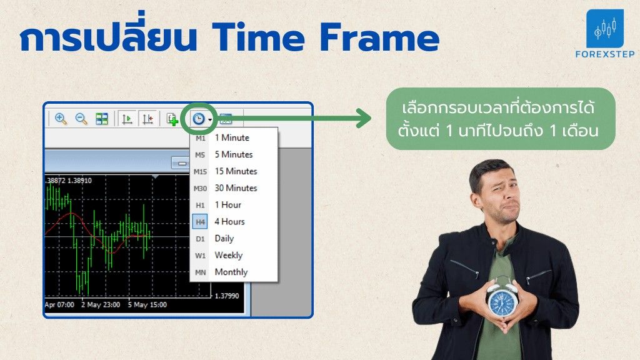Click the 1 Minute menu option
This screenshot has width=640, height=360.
coord(232,137)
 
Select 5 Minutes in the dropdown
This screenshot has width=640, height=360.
coord(234,154)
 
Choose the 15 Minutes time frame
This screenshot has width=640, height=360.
coord(236,171)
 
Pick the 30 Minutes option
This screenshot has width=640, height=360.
coord(236,187)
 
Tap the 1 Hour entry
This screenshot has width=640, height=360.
coord(227,204)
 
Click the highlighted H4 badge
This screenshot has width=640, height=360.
coord(200,222)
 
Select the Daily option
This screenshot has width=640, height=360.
coord(224,238)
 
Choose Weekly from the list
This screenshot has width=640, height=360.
coord(229,255)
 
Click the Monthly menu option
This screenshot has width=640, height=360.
coord(231,272)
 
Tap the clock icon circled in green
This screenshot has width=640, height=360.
coord(199,119)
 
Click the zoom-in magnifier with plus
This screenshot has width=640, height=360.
coord(61,119)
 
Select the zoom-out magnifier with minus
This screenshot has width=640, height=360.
coord(81,119)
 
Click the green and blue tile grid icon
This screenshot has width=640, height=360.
coord(102,119)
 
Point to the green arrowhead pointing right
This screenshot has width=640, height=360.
coord(364,118)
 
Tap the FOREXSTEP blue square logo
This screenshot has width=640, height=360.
coord(605,29)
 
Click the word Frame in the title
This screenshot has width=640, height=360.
coord(379,37)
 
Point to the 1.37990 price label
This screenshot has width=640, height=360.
coord(226,296)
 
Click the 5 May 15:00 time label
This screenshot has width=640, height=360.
coord(147,304)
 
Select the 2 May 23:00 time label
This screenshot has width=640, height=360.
coord(101,304)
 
